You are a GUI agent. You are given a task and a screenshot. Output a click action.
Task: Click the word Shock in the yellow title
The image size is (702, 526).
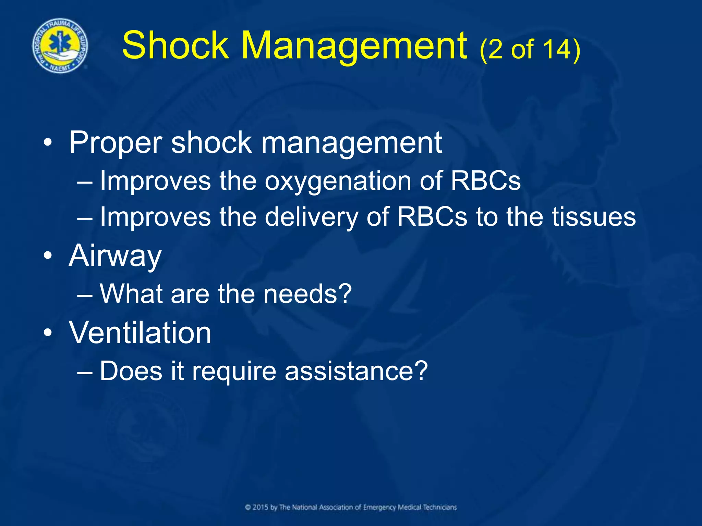coord(175,46)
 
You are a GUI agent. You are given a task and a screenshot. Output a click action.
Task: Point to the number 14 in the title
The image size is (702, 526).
coord(557,49)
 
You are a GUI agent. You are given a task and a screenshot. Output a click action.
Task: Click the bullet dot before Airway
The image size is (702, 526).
coord(48,256)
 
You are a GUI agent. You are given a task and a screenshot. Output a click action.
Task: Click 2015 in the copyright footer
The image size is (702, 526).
coord(261,507)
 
